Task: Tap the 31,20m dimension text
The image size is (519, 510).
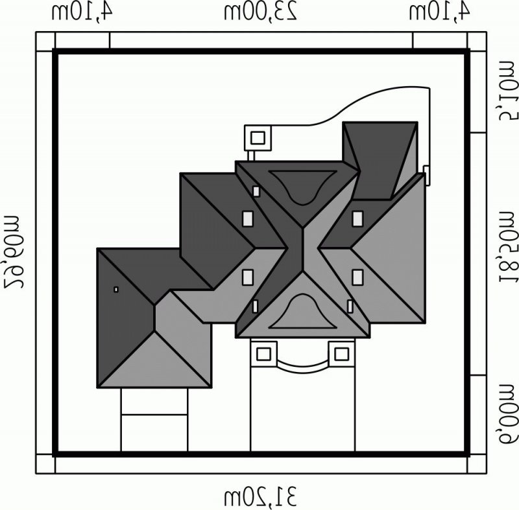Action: click(261, 497)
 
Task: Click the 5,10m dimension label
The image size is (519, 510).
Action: click(505, 89)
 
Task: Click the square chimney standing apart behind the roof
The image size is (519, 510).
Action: click(258, 137)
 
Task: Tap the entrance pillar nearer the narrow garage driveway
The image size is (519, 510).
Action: click(263, 354)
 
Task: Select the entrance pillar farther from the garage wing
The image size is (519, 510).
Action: click(341, 354)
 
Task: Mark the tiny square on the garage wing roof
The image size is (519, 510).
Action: click(115, 289)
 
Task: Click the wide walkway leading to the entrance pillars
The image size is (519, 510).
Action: click(302, 408)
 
